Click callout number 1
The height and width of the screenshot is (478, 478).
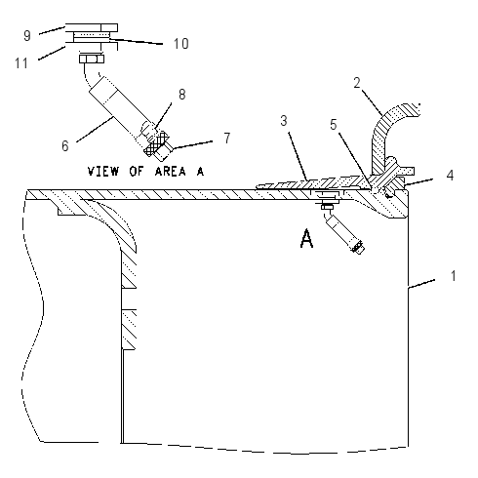pos(454,276)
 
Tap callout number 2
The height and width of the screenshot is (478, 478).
pos(357,83)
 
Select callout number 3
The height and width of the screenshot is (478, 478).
pos(284,121)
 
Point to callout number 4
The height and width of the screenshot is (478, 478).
pos(450,176)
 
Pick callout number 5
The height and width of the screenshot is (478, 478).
pos(334,125)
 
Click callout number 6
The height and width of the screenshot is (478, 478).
pos(65,146)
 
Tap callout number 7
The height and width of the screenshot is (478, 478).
pos(227,138)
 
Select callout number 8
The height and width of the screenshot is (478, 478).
pos(182,95)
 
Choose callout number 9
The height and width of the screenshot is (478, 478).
pos(27,36)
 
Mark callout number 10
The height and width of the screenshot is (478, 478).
pos(180,44)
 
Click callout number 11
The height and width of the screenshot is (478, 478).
pos(21,62)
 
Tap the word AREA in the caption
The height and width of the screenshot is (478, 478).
pos(171,171)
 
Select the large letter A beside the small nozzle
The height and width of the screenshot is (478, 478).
pos(306,239)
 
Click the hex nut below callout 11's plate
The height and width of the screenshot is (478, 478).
pos(92,59)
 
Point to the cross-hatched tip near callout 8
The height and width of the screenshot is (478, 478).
pos(155,144)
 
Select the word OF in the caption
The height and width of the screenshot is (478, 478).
pos(137,171)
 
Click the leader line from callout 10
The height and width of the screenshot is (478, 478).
pos(136,42)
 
